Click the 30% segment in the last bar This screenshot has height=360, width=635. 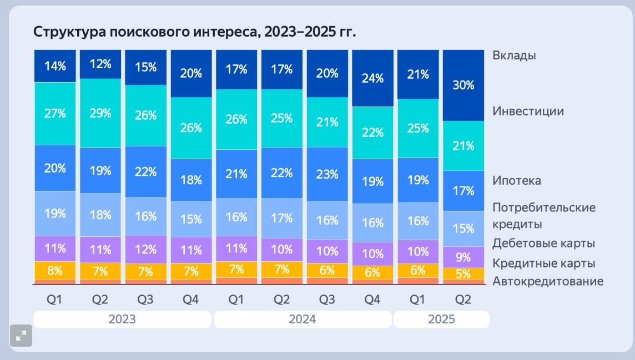tap(463, 85)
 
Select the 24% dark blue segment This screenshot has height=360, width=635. tap(372, 78)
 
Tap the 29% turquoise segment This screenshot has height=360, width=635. tap(100, 113)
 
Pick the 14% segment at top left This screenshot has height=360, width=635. tap(55, 66)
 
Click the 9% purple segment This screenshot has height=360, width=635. tap(463, 257)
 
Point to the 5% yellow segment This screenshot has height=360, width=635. tap(463, 273)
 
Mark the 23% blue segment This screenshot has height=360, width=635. tap(327, 174)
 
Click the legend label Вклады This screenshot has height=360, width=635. tap(514, 55)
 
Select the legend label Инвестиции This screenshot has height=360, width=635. tap(528, 111)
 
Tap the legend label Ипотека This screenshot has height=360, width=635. tap(516, 181)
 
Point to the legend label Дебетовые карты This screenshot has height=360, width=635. tap(543, 243)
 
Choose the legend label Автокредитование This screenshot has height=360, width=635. tap(547, 281)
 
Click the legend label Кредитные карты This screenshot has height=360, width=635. tap(543, 263)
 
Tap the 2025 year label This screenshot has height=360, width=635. tap(441, 319)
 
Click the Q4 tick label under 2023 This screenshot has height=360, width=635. tap(191, 300)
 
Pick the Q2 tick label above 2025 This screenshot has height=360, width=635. tap(463, 300)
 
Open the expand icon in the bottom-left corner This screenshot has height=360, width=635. tap(21, 335)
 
